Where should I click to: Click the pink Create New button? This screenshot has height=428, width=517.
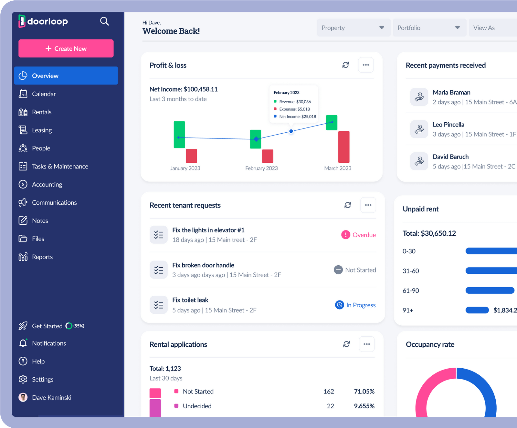66,48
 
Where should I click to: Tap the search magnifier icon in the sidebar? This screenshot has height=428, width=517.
104,21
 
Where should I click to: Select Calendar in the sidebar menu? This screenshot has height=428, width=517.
44,94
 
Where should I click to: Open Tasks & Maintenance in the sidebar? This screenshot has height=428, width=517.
60,166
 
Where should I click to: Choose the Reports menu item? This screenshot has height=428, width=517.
42,257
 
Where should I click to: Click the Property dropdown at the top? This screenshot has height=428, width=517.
353,28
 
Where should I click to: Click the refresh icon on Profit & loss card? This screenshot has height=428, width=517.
346,65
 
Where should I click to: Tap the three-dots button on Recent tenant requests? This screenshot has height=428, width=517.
368,205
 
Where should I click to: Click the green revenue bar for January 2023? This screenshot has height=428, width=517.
179,135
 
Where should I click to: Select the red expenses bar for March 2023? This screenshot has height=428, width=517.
344,147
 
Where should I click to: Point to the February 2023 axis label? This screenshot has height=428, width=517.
261,168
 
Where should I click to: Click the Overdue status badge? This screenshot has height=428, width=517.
359,235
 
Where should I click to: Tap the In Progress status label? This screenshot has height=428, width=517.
361,305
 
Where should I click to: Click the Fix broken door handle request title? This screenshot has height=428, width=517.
203,265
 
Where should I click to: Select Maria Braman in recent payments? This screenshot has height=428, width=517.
451,92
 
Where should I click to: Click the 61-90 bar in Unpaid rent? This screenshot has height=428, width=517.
490,290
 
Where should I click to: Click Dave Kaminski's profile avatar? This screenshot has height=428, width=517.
23,397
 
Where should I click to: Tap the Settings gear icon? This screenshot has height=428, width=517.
23,379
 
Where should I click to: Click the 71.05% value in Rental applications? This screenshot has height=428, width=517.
364,392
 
